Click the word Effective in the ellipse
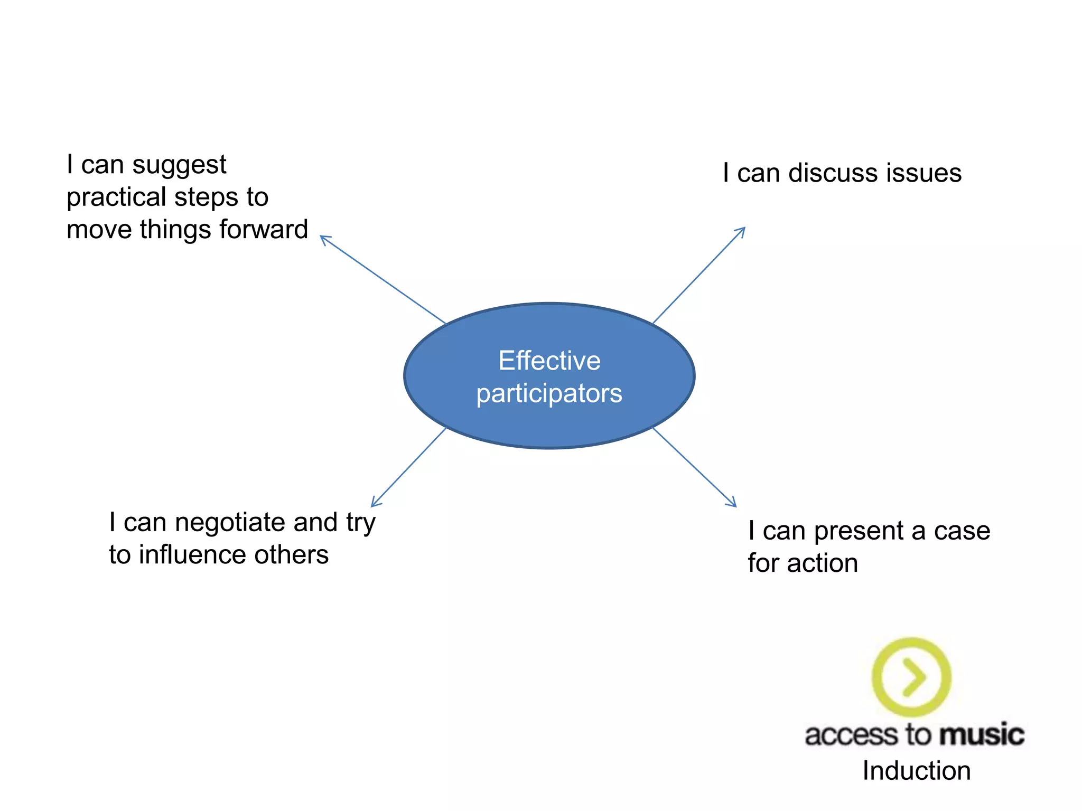pos(549,361)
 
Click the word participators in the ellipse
pos(549,394)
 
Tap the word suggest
pos(179,165)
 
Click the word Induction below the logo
pos(917,771)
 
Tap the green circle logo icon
pos(911,677)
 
